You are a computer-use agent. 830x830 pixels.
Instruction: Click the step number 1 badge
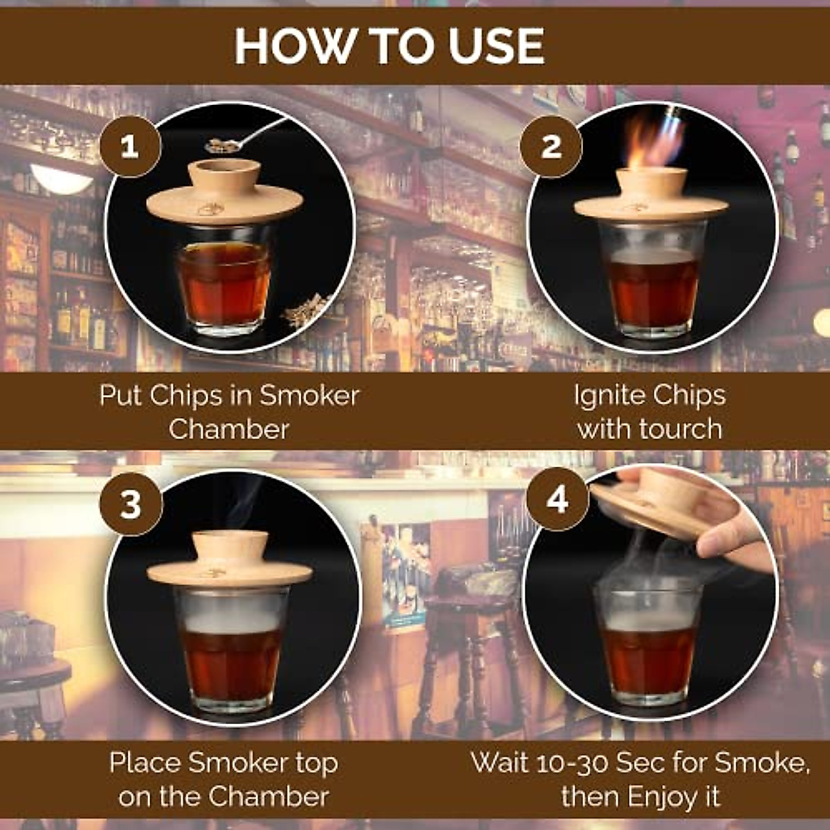coord(130,147)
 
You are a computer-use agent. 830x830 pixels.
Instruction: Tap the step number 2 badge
coord(551,147)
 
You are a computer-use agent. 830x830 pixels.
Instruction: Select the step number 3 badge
coord(131,505)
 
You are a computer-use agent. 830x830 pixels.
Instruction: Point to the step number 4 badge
coord(557,499)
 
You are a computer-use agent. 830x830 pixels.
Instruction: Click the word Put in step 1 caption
coord(122,396)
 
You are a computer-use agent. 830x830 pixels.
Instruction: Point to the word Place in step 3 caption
coord(145,763)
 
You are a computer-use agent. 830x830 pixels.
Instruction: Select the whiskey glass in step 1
coord(223,284)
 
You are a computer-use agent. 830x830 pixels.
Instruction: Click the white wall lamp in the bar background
coord(62,180)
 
